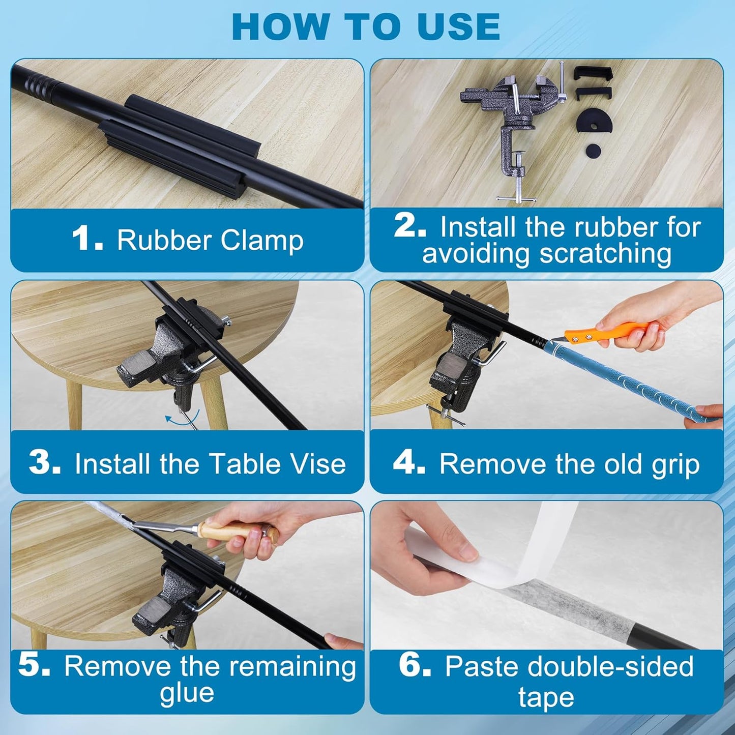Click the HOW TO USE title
click(x=366, y=26)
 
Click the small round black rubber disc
click(x=593, y=150)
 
